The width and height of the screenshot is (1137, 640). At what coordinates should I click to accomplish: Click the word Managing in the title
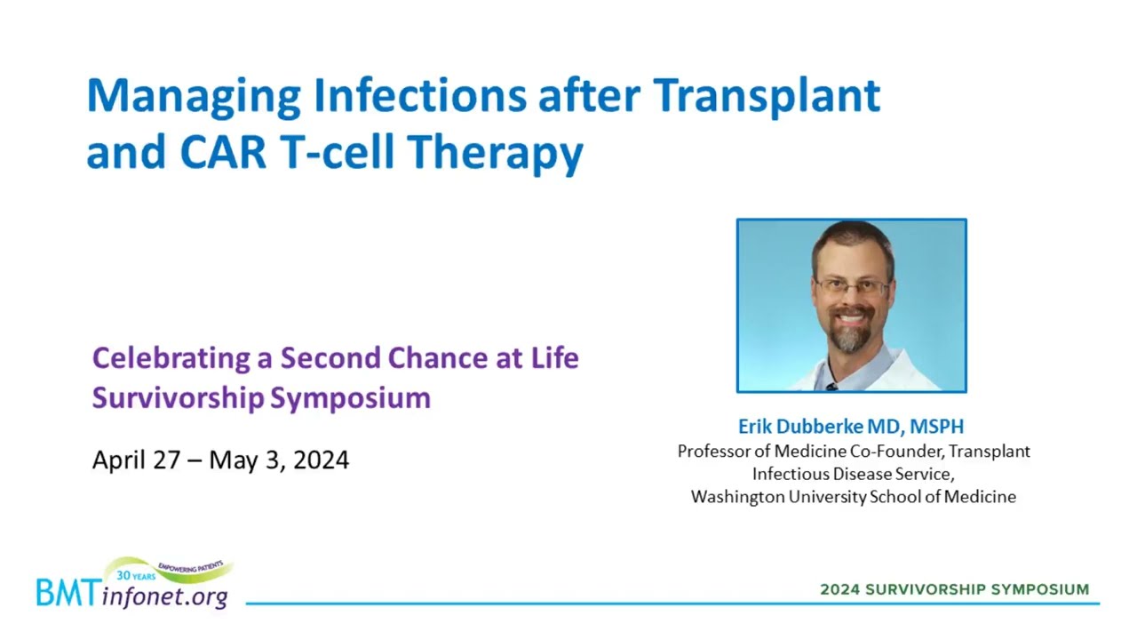click(x=194, y=98)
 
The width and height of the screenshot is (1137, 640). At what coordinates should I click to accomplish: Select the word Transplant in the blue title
click(x=767, y=97)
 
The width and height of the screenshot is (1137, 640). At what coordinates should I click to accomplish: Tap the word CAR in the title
click(x=223, y=151)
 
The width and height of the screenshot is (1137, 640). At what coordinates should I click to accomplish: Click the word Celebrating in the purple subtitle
click(x=171, y=359)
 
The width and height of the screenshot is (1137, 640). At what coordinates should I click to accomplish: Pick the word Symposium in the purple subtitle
click(x=350, y=399)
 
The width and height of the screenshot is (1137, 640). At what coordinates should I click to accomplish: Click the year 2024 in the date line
click(x=321, y=460)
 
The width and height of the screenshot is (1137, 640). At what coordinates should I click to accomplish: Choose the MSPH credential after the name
click(x=936, y=427)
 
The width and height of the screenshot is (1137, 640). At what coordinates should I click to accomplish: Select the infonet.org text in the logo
click(x=164, y=596)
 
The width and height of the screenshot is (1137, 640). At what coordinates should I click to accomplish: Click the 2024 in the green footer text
click(x=840, y=589)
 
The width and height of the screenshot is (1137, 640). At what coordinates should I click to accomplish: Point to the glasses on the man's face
click(x=852, y=288)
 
